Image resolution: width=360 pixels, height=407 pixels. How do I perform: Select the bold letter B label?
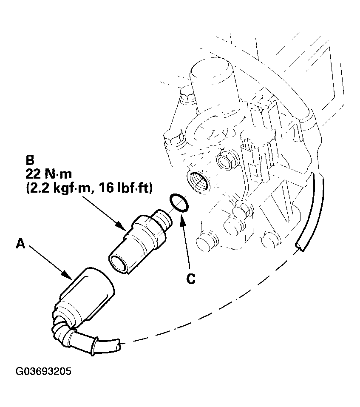tap(30, 160)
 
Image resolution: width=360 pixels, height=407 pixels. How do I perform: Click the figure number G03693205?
tap(43, 371)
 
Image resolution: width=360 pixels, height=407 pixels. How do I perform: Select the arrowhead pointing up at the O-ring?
tap(181, 218)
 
